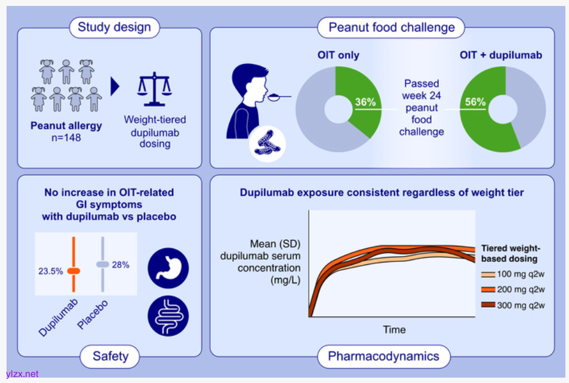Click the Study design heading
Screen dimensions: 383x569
pos(114,27)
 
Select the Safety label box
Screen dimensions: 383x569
pos(110,356)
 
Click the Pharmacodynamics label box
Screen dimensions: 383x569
pos(383,356)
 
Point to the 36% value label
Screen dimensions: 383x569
pos(365,102)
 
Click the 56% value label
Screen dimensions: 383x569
pos(475,102)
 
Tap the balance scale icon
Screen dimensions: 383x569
pos(154,87)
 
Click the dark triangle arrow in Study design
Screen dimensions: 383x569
pos(115,87)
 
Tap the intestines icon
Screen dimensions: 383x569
pos(168,316)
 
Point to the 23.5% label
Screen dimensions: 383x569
pos(51,271)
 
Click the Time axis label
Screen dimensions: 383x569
pos(393,329)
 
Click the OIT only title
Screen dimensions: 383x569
pos(338,55)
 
